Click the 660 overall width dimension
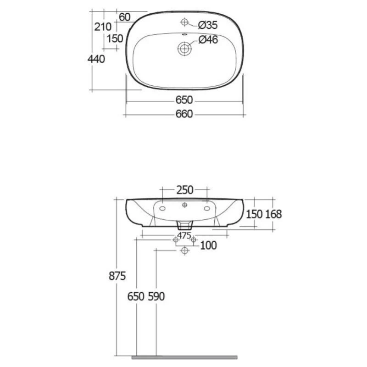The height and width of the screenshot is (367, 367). coord(184,114)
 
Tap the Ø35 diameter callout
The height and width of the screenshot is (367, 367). coord(208,25)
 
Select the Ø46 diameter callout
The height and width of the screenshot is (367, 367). coord(208,39)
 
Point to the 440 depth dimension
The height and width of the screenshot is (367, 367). coord(96,59)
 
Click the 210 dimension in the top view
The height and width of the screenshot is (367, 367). coord(103,27)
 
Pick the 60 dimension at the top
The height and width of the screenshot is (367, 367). coord(124,17)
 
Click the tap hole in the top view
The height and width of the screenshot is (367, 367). coord(184,22)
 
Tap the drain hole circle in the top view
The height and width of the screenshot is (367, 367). coord(184,49)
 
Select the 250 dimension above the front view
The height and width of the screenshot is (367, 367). coord(185,190)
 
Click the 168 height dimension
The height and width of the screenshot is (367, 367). coord(273,214)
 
